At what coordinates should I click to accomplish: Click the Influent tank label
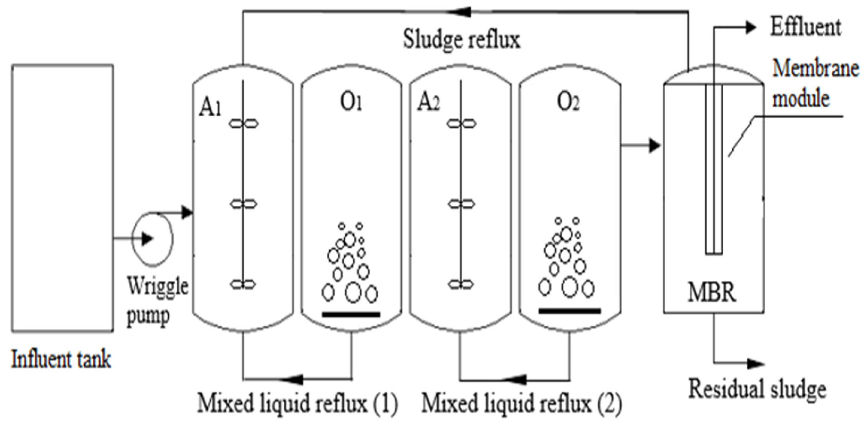(61, 359)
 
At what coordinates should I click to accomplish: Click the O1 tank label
(351, 102)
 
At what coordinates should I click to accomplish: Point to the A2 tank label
(428, 102)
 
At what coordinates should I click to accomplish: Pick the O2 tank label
(568, 102)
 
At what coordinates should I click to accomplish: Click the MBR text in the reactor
(712, 292)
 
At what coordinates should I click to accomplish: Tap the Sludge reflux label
(461, 40)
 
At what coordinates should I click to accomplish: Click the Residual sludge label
(757, 389)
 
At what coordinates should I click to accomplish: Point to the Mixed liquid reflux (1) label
(297, 403)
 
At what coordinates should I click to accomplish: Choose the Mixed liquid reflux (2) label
(521, 403)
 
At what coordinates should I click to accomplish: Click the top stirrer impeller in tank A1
(244, 124)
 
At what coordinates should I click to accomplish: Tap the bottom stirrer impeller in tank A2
(461, 285)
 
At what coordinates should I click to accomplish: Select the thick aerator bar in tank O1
(351, 315)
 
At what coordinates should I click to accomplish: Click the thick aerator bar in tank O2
(569, 311)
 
